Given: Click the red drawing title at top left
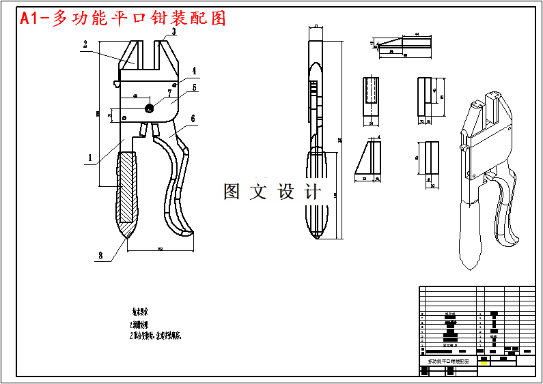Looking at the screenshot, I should tap(123, 18).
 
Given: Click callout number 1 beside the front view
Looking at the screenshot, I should tap(89, 158).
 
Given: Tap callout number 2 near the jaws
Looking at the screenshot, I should tap(85, 45).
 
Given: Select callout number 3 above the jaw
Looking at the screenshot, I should tap(173, 31).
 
